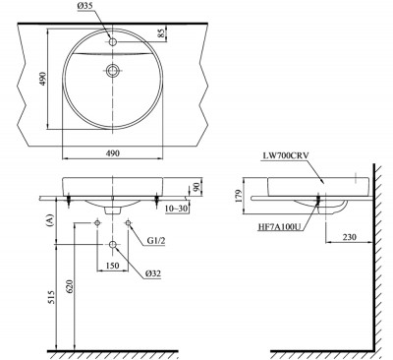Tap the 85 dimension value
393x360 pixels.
tap(174, 34)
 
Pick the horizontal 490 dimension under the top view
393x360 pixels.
tap(113, 169)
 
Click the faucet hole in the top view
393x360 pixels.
tap(114, 42)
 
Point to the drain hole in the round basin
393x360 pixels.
tap(114, 71)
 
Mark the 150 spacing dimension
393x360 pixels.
tap(114, 266)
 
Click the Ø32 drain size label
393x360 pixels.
tap(152, 272)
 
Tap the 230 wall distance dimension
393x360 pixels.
tap(351, 236)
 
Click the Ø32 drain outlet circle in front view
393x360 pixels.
tap(114, 243)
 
